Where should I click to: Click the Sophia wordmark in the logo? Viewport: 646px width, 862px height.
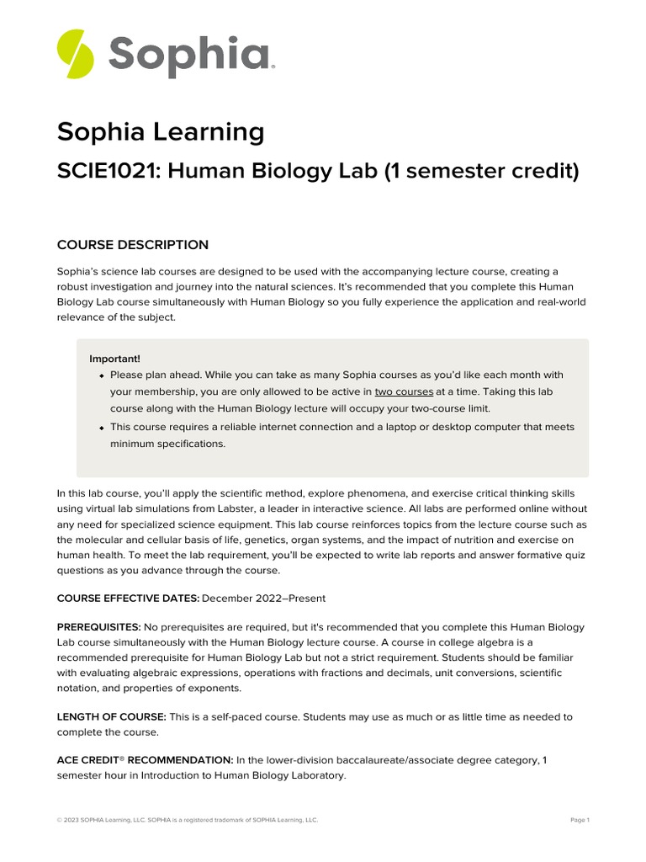pos(191,55)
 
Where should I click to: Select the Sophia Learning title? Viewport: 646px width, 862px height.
pos(160,132)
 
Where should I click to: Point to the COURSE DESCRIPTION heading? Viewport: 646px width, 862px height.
pos(132,245)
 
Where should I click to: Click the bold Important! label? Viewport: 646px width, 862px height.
pos(114,359)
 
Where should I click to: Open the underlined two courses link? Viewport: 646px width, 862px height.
pos(404,392)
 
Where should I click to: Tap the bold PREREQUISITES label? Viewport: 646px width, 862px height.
pos(98,628)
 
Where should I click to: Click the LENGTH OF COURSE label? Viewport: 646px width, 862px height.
pos(111,717)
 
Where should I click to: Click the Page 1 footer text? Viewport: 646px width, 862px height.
pos(580,820)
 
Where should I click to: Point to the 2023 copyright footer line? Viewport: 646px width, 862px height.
pos(187,820)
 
